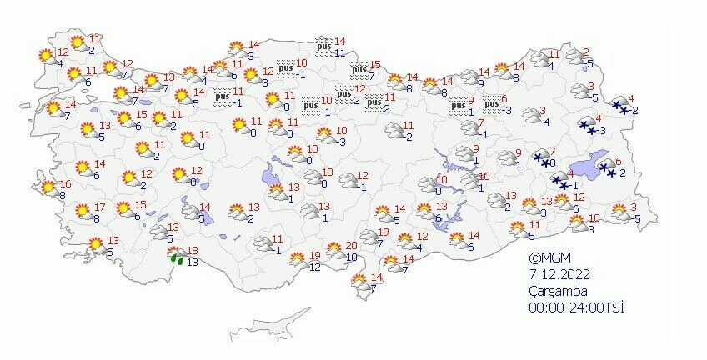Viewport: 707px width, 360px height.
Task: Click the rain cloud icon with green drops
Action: tap(176, 257)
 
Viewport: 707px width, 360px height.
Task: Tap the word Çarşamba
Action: tap(558, 291)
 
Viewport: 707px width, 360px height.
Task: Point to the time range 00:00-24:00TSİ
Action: tap(575, 307)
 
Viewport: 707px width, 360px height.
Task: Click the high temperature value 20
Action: tap(351, 245)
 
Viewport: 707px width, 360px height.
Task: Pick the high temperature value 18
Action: tap(192, 251)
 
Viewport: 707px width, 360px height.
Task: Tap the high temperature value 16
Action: tap(66, 185)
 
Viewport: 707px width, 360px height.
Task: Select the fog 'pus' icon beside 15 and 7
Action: tap(360, 72)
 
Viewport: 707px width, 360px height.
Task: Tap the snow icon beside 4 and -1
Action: tap(558, 181)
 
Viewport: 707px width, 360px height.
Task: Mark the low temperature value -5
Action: tap(636, 219)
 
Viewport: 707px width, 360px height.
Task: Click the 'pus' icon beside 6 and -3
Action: tap(492, 103)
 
